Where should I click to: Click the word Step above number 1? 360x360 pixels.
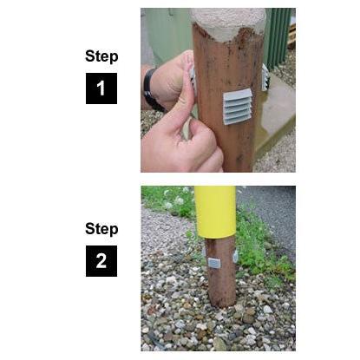(101, 56)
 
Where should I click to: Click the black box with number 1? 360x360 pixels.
(101, 88)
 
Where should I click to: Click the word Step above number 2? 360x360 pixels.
(101, 229)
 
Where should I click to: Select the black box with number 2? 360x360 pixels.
(101, 261)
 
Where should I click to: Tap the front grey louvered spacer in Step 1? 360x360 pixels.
(237, 105)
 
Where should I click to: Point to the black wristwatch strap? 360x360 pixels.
(152, 89)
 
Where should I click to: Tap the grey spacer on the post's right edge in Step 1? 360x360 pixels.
(265, 77)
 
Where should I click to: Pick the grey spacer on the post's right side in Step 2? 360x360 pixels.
(234, 258)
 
